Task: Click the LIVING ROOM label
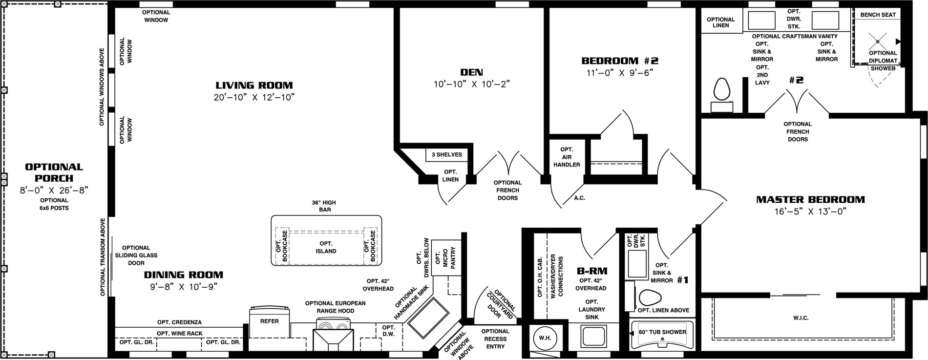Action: click(x=254, y=85)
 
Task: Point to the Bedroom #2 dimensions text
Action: click(x=620, y=73)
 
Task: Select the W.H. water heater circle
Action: click(x=545, y=338)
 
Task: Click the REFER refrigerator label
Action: click(x=269, y=321)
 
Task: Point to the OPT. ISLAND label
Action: click(x=326, y=247)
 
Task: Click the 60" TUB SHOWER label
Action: click(x=662, y=332)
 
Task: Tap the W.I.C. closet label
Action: click(x=801, y=318)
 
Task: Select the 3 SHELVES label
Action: click(x=446, y=155)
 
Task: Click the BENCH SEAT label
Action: click(x=878, y=15)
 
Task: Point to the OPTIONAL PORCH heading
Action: click(x=54, y=172)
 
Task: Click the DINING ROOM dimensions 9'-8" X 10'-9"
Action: click(x=184, y=287)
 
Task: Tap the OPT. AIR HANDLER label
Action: click(x=567, y=157)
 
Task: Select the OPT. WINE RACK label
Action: click(x=179, y=334)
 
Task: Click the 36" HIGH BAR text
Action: click(x=324, y=206)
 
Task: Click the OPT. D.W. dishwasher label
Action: click(x=388, y=331)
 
